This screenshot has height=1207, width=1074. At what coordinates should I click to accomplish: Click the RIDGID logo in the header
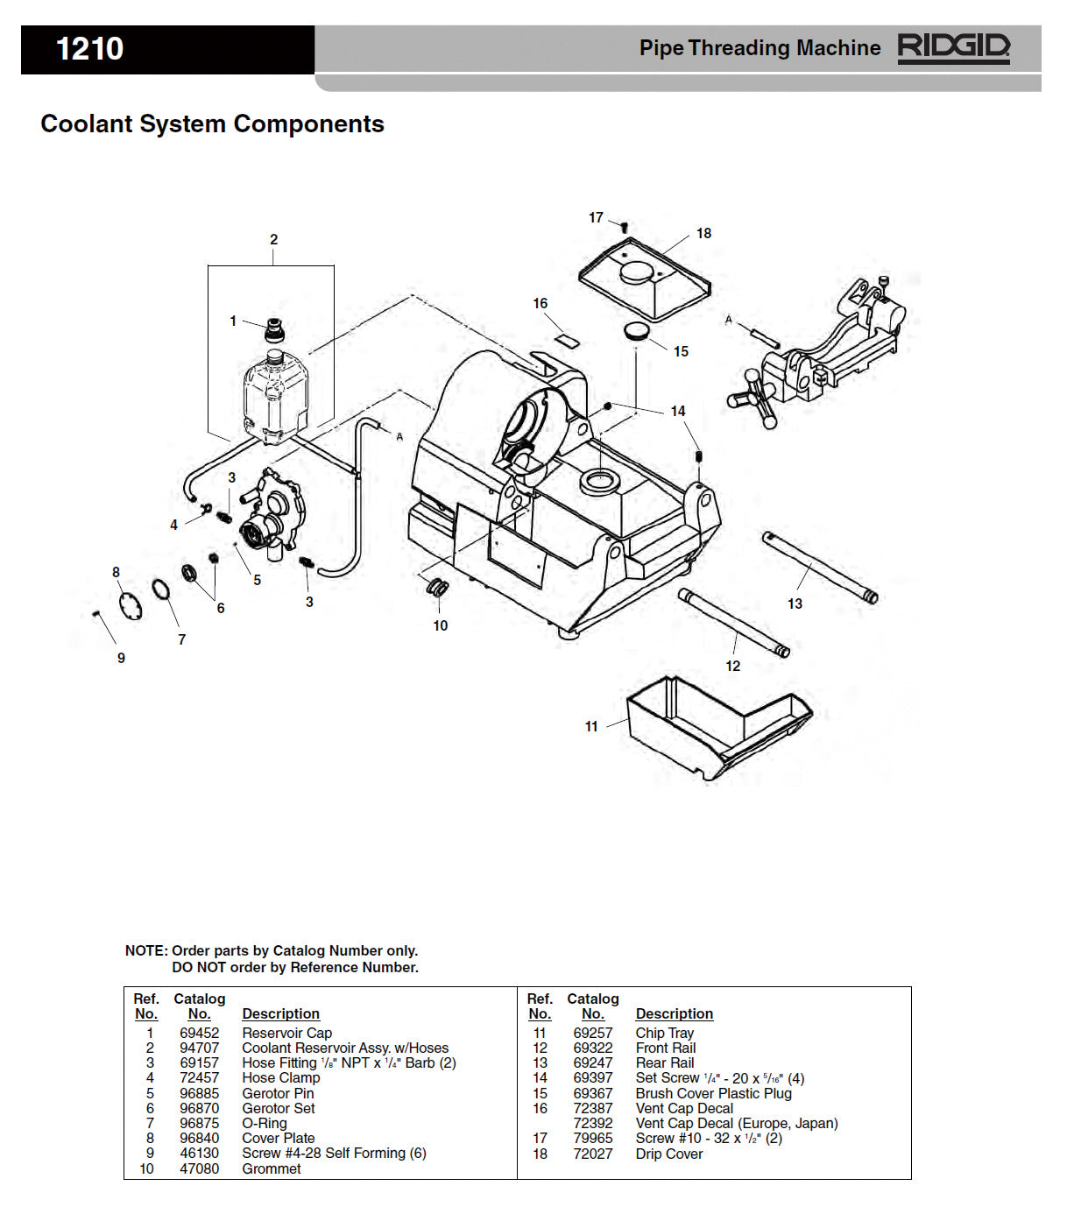coord(953,47)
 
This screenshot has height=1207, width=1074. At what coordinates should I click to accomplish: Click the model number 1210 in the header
coord(89,49)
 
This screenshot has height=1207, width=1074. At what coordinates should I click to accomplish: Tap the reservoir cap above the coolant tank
coord(276,330)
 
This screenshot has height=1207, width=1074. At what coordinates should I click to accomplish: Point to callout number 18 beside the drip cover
coord(704,234)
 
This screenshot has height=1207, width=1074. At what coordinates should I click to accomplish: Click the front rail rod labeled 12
coord(734,623)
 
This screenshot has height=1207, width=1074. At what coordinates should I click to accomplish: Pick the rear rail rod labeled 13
coord(820,568)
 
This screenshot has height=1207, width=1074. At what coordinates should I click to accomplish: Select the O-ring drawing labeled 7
coord(161,589)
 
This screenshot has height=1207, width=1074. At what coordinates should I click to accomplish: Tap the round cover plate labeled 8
coord(129,605)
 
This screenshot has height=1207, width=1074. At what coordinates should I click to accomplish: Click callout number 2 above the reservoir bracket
coord(273,239)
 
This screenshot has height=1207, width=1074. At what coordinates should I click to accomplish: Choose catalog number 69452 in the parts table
coord(200,1034)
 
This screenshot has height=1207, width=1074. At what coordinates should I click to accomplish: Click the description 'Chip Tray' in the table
coord(664,1034)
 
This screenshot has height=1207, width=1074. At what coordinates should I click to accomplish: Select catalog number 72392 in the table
coord(593,1124)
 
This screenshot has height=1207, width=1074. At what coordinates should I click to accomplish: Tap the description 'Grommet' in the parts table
coord(272,1169)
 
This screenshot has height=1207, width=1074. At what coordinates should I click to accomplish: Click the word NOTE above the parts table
coord(145,951)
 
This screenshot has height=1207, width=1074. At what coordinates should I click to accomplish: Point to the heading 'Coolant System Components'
coord(212,124)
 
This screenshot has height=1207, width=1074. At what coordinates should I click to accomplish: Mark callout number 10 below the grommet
coord(441,625)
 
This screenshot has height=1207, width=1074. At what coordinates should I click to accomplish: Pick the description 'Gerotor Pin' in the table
coord(278,1094)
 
